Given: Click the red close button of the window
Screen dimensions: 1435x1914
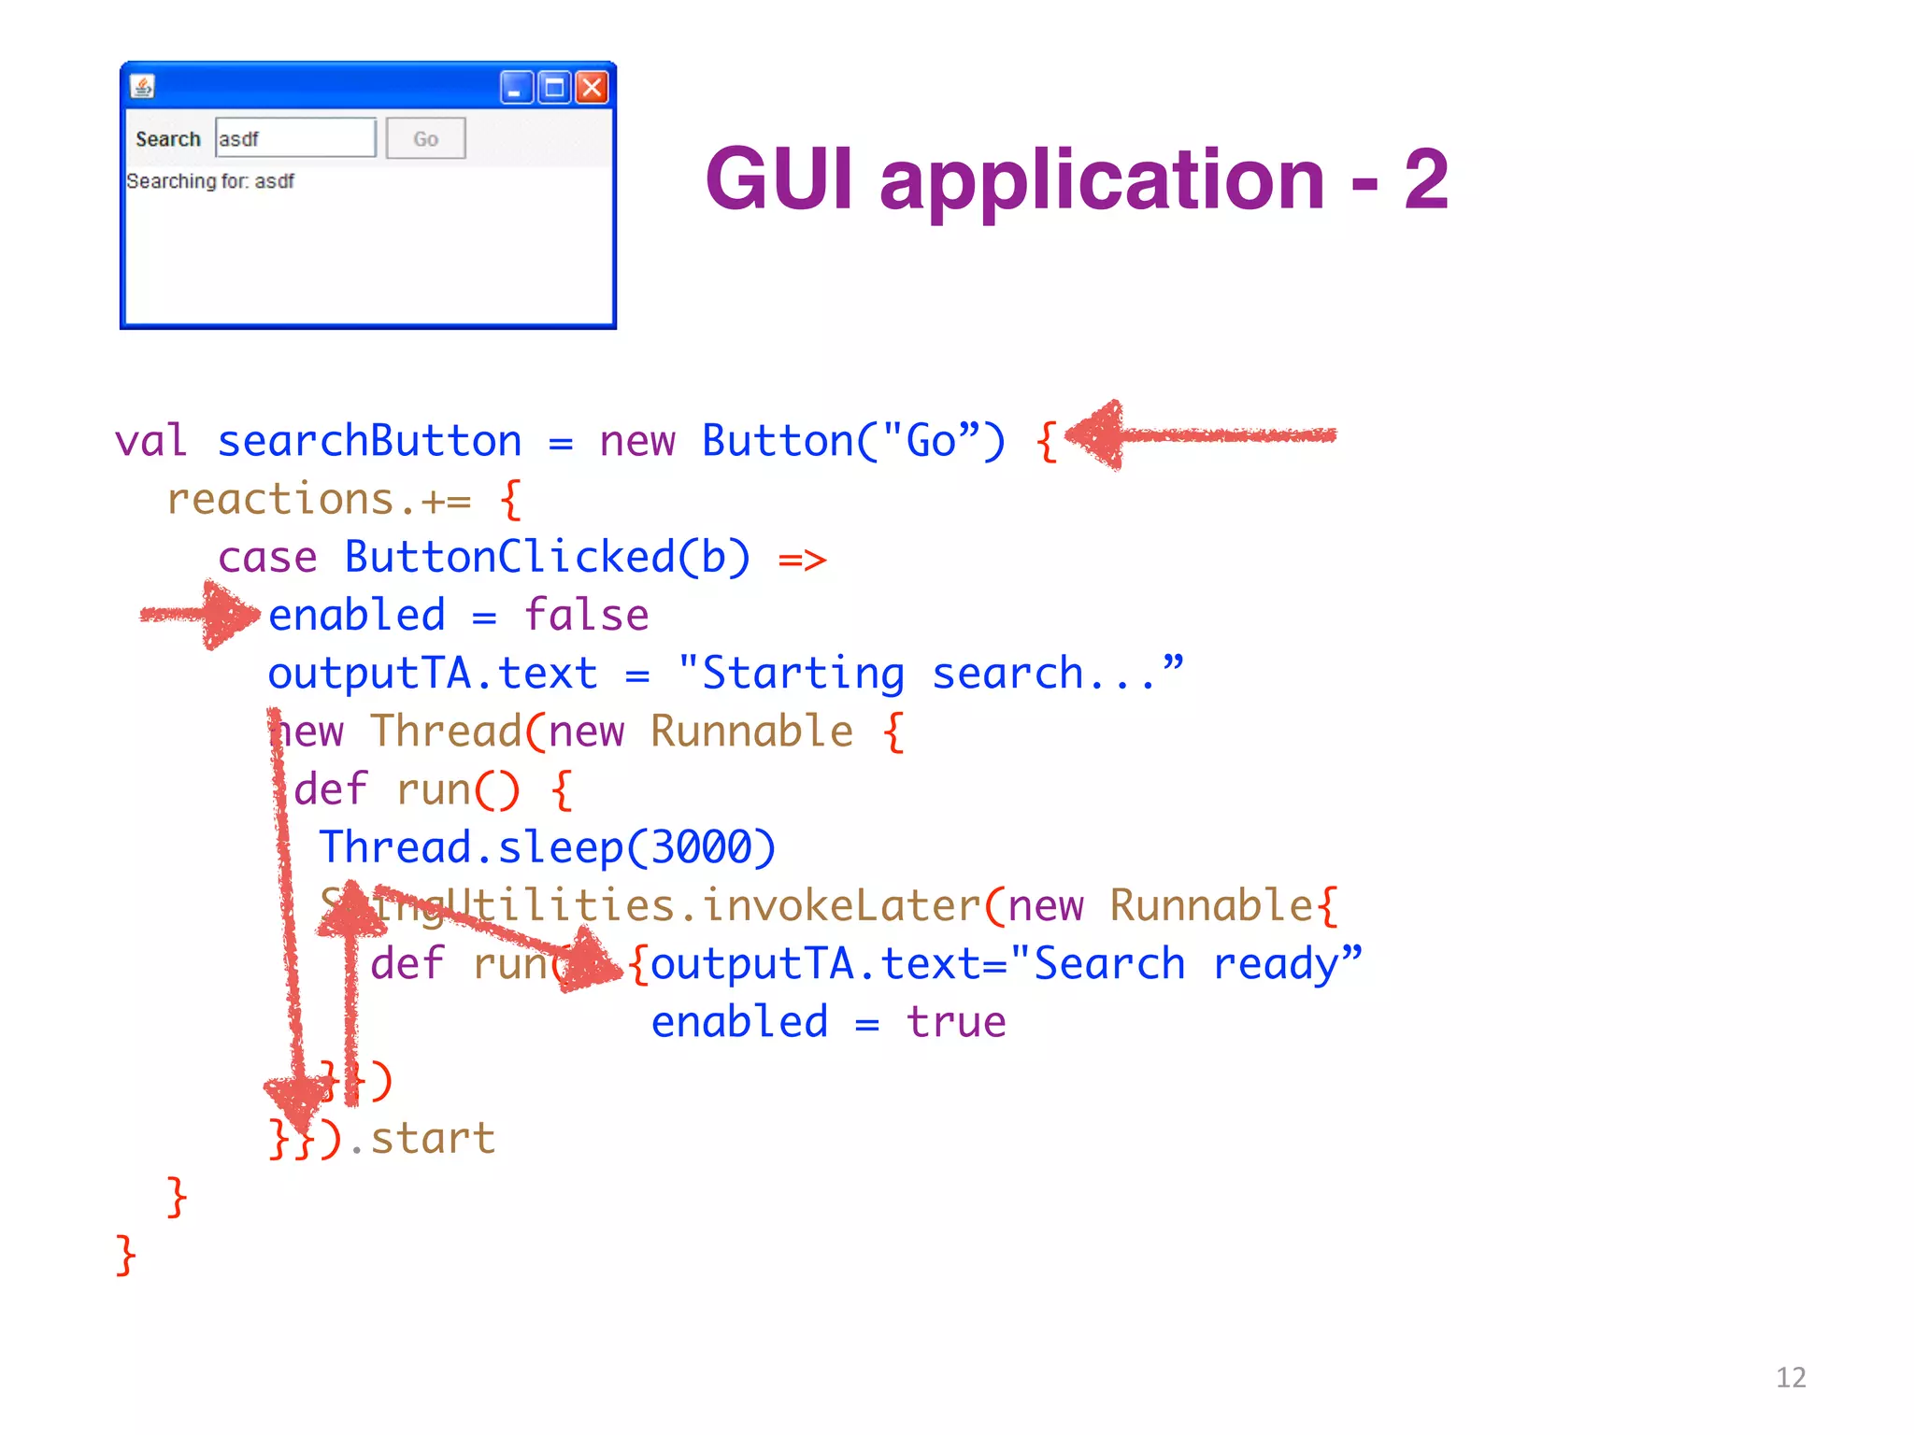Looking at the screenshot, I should click(x=592, y=88).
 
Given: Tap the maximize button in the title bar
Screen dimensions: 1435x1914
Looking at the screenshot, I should click(x=554, y=88).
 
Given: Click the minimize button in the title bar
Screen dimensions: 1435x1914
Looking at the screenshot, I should click(x=516, y=88).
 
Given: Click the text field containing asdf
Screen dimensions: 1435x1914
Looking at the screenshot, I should click(x=295, y=138).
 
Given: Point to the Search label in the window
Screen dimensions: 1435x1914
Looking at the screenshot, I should click(x=168, y=139).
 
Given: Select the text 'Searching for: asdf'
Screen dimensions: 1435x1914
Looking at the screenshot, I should click(x=210, y=181).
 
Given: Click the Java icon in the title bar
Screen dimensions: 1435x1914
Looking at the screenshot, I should click(x=142, y=87).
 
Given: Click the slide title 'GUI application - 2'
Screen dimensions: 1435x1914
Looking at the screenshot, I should click(x=1077, y=179).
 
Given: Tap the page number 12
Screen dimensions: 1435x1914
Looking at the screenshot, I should click(x=1791, y=1377).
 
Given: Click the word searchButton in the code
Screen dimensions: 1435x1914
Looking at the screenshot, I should click(x=369, y=441).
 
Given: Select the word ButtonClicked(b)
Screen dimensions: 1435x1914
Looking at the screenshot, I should click(x=548, y=558).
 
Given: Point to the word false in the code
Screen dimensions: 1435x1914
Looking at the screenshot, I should click(x=586, y=616).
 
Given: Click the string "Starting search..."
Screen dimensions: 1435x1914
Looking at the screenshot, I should click(x=931, y=674).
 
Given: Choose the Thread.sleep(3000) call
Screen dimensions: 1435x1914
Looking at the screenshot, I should click(x=548, y=848).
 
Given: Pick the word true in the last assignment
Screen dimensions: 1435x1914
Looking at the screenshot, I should click(x=956, y=1022).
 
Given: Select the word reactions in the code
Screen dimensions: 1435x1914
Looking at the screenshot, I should click(x=280, y=500).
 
